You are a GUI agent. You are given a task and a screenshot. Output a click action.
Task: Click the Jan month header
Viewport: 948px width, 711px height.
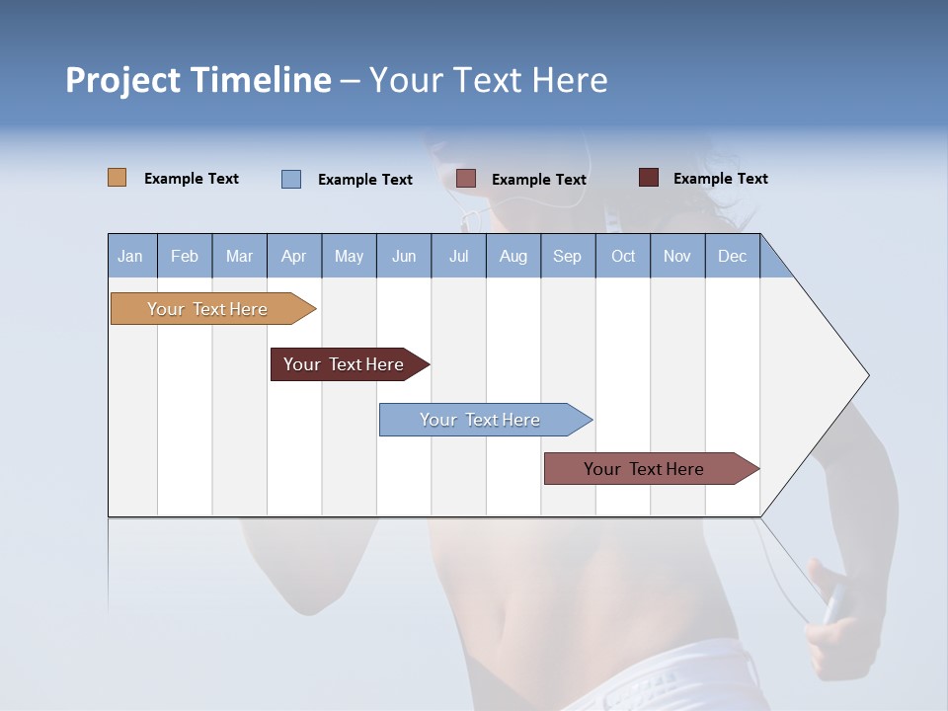tap(131, 256)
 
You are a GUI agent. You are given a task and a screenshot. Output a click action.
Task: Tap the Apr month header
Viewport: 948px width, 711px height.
tap(294, 256)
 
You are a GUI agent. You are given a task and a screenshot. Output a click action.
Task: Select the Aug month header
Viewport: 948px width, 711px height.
tap(513, 256)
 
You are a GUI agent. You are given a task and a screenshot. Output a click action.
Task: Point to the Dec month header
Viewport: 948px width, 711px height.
tap(732, 256)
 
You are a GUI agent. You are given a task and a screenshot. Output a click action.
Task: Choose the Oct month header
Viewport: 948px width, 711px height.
tap(623, 256)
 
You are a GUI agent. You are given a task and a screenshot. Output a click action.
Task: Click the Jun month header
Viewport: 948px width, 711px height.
tap(404, 256)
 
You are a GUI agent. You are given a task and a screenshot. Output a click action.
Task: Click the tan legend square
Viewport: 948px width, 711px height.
tap(117, 178)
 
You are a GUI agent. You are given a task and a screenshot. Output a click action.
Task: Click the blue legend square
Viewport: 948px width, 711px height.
tap(291, 179)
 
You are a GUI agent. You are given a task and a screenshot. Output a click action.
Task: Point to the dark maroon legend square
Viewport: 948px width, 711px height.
tap(649, 178)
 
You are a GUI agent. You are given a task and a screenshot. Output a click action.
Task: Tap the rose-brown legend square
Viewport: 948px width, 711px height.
tap(466, 179)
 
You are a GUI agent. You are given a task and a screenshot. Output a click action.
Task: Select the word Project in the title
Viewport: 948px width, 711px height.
tap(123, 80)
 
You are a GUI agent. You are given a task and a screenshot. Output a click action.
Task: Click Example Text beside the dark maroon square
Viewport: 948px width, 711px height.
tap(720, 179)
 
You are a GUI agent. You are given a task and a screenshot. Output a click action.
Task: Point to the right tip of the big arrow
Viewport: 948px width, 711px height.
tap(866, 375)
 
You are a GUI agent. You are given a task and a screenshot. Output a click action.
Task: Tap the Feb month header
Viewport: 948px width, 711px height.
tap(185, 256)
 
